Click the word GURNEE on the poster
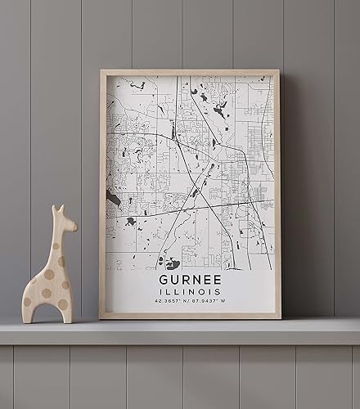coord(189,281)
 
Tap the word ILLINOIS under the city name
coord(189,293)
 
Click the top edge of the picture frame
coord(190,72)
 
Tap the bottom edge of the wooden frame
coord(190,316)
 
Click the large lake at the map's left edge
coord(113,198)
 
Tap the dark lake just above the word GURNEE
coord(172,263)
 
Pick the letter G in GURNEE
coord(162,281)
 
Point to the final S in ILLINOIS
coord(219,293)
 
